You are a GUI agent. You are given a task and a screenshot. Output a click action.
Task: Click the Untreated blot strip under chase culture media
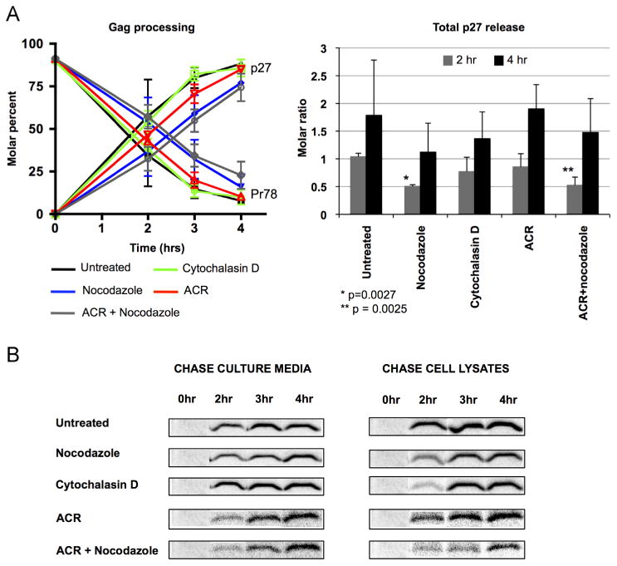point(246,428)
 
